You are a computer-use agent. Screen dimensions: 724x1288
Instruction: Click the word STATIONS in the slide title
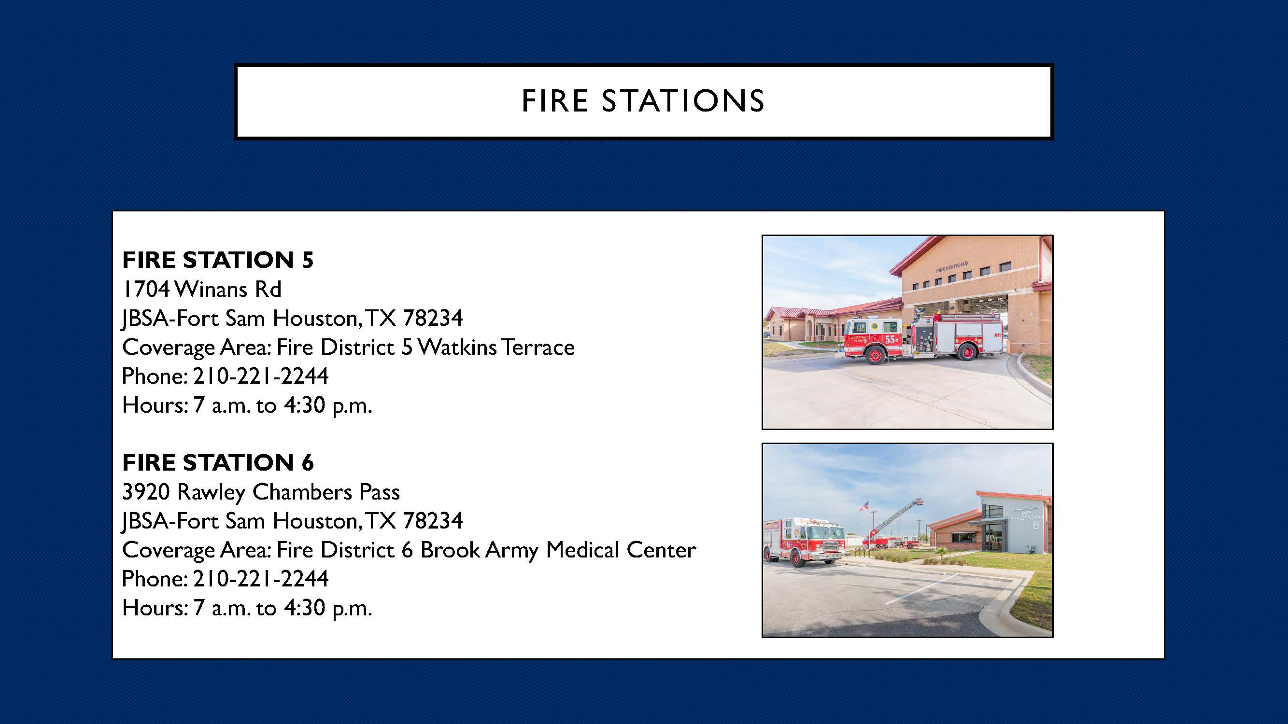(x=682, y=101)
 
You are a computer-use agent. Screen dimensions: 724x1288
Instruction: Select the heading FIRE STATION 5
(x=217, y=260)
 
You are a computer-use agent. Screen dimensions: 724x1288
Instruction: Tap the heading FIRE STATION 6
(x=217, y=463)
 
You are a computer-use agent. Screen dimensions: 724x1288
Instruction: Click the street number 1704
(x=145, y=289)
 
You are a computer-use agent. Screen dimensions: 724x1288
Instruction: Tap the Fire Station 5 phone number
(x=260, y=376)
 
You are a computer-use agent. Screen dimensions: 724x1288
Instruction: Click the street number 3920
(x=146, y=492)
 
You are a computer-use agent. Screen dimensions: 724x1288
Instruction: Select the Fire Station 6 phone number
(x=260, y=579)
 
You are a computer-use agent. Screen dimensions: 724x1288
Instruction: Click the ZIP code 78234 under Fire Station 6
(x=433, y=521)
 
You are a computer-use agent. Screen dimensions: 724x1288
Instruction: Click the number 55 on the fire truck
(x=890, y=340)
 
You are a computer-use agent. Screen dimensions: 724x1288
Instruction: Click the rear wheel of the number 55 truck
(x=967, y=352)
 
